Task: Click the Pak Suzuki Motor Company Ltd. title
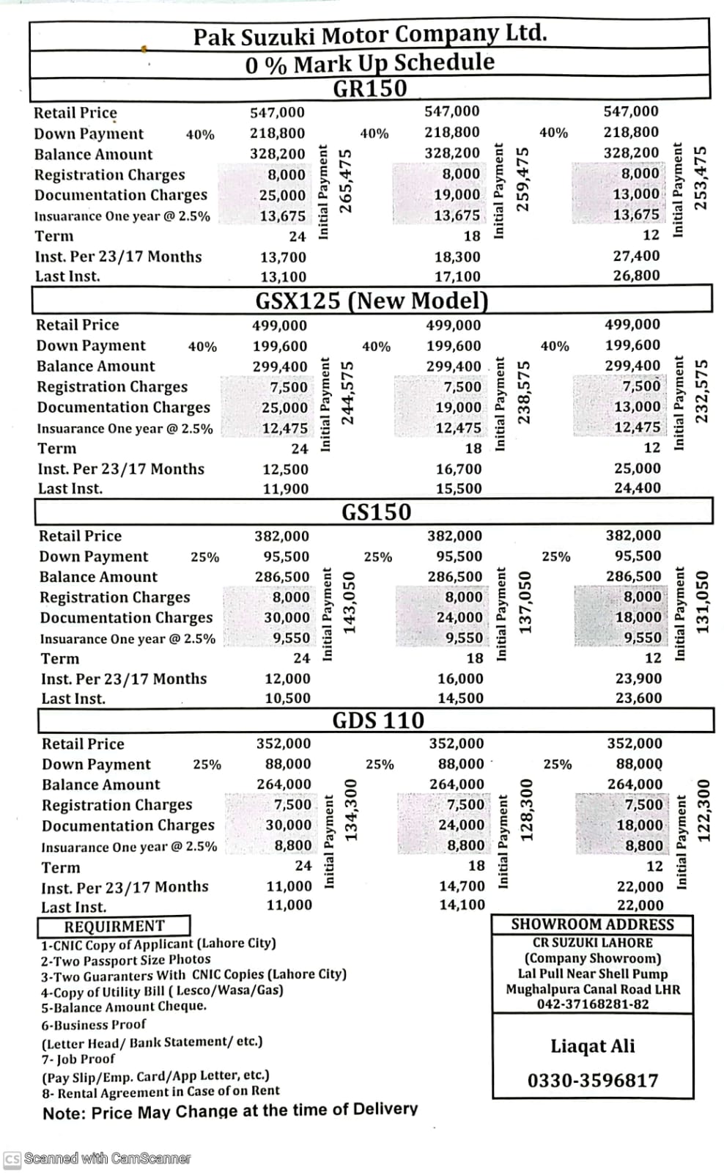coord(370,34)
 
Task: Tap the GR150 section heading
coord(369,88)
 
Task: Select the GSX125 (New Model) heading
coord(372,301)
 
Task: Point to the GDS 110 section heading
coord(378,720)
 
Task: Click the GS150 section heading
coord(377,512)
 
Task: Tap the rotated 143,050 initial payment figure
coord(350,603)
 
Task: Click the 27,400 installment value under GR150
coord(636,256)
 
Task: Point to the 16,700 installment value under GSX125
coord(459,468)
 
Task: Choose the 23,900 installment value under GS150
coord(638,679)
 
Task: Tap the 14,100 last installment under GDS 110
coord(462,905)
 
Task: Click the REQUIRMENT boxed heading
coord(114,926)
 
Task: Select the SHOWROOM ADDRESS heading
coord(592,924)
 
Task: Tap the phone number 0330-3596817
coord(593,1080)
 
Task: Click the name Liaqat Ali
coord(593,1045)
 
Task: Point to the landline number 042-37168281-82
coord(593,1004)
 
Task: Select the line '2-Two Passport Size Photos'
coord(125,960)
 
